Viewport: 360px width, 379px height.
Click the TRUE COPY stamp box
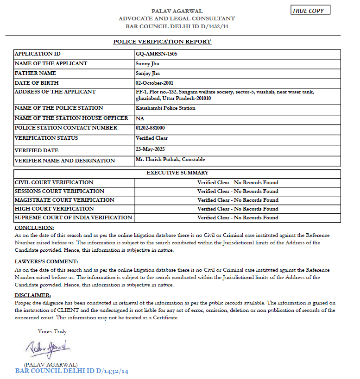pyautogui.click(x=310, y=11)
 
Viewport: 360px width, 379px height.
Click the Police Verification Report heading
pyautogui.click(x=162, y=42)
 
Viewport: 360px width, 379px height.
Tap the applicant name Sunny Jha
pyautogui.click(x=147, y=63)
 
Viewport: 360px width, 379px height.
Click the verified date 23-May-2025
pyautogui.click(x=150, y=149)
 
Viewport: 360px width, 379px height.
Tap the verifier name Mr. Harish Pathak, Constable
pyautogui.click(x=171, y=160)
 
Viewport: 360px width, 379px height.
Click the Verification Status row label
pyautogui.click(x=46, y=138)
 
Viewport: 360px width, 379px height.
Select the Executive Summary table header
pyautogui.click(x=177, y=173)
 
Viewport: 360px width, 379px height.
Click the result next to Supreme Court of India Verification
pyautogui.click(x=238, y=217)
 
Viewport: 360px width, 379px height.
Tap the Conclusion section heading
pyautogui.click(x=34, y=228)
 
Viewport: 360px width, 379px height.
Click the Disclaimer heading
pyautogui.click(x=33, y=295)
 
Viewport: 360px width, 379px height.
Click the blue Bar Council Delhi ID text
pyautogui.click(x=71, y=371)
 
